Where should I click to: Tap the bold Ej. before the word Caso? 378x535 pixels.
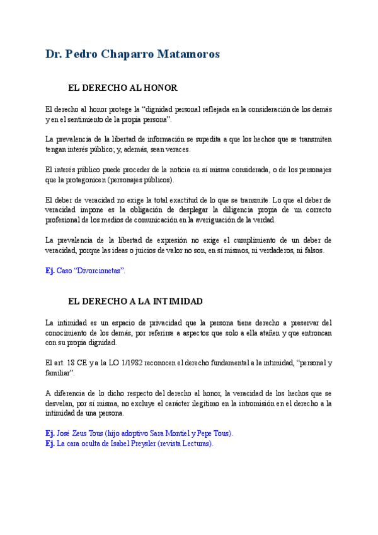[50, 271]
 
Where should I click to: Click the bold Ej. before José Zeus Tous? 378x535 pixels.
[50, 434]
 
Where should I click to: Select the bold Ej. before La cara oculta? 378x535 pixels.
[50, 444]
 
